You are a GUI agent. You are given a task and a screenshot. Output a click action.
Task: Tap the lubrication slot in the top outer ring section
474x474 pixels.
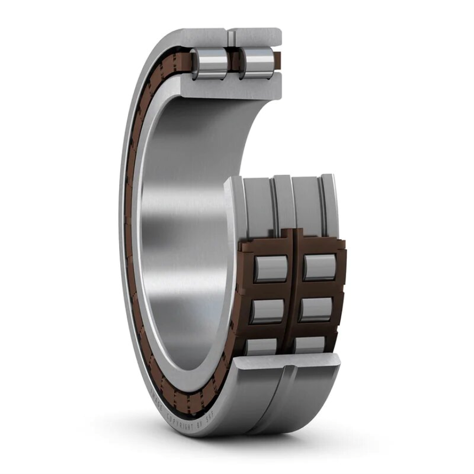[x=233, y=37]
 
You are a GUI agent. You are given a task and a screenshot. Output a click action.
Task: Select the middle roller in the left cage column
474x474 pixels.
[x=268, y=310]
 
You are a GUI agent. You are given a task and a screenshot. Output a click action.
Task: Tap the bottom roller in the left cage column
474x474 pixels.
[x=262, y=346]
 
